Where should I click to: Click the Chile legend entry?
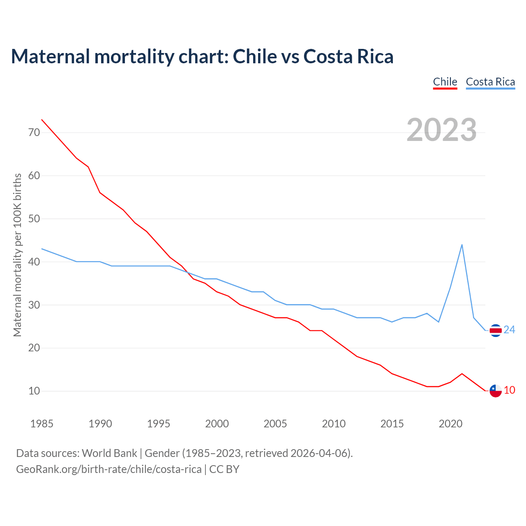click(x=445, y=82)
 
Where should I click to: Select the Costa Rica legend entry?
click(x=490, y=82)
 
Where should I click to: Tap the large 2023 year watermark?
click(x=441, y=130)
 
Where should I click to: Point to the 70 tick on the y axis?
click(x=34, y=132)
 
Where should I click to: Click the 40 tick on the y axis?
click(x=34, y=262)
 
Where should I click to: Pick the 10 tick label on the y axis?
click(x=34, y=391)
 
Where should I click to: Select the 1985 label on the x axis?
click(x=42, y=424)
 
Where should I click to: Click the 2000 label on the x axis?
click(x=217, y=424)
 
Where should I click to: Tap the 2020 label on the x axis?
click(x=450, y=424)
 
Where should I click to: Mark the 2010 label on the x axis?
click(x=334, y=424)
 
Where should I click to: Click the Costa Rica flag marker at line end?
click(x=496, y=330)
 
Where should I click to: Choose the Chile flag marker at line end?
click(x=496, y=391)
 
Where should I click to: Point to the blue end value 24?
click(x=510, y=330)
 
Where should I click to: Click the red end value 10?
click(x=510, y=390)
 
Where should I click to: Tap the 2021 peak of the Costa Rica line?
click(x=462, y=245)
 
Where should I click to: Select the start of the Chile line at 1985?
click(x=42, y=120)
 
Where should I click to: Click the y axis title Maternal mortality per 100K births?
click(x=17, y=255)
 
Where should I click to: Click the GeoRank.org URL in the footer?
click(x=109, y=469)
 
